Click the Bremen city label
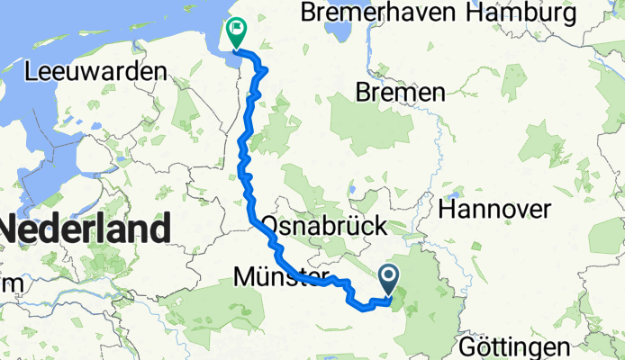click(x=401, y=92)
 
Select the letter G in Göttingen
click(x=466, y=346)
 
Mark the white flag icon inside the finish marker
click(x=237, y=28)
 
